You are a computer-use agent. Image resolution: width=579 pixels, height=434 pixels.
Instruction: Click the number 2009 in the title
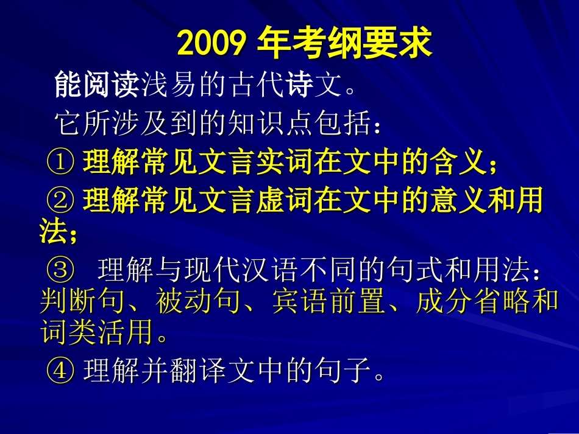tap(211, 44)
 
